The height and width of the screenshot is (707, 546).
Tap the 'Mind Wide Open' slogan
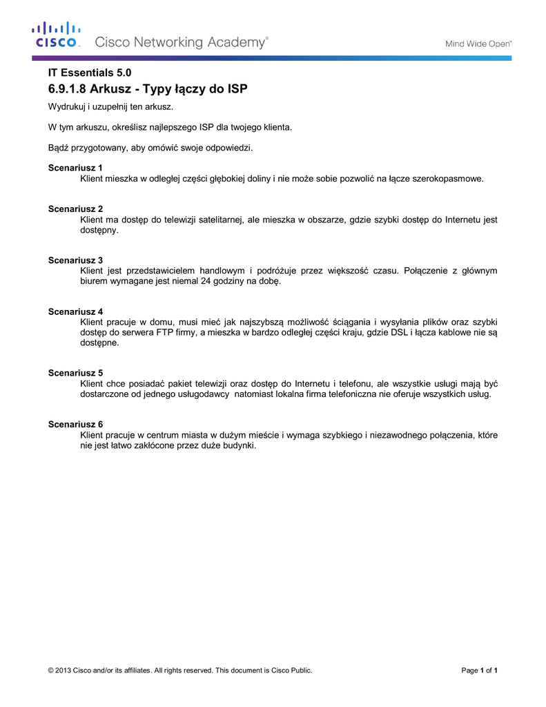click(x=478, y=43)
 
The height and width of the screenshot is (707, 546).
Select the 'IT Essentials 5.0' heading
click(x=89, y=72)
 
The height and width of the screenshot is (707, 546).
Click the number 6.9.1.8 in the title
click(x=67, y=89)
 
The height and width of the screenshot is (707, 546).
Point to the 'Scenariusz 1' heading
click(x=75, y=168)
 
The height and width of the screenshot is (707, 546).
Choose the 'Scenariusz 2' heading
click(x=75, y=209)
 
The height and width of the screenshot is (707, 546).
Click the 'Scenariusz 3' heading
click(x=75, y=260)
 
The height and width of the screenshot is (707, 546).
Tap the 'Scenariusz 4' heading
click(x=75, y=311)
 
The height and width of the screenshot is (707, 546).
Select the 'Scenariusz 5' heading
click(x=75, y=372)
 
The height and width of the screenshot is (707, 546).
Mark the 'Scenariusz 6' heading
click(x=75, y=424)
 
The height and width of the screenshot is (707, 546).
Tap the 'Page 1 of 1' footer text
click(x=479, y=670)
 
